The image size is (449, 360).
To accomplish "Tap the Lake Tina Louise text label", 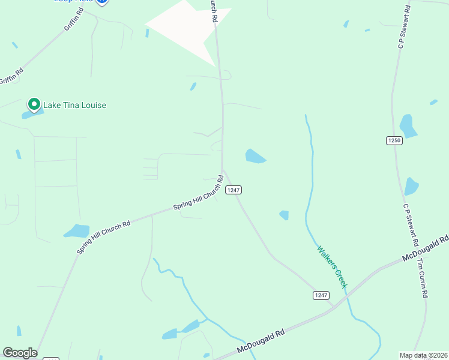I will [x=74, y=106].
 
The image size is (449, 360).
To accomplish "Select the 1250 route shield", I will [x=394, y=140].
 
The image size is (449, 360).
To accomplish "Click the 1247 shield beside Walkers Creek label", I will [x=321, y=295].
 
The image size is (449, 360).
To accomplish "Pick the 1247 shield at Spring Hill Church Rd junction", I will [x=234, y=190].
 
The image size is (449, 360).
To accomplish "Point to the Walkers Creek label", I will [x=332, y=266].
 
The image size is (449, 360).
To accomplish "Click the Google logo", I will [x=20, y=353].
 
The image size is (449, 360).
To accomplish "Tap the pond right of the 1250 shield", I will [x=408, y=126].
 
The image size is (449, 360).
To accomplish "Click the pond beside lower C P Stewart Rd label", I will [x=411, y=186].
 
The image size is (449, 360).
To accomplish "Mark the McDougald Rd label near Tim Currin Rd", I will [x=427, y=247].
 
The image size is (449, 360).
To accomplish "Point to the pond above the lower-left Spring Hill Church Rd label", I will [x=77, y=230].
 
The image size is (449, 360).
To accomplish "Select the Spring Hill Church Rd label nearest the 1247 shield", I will [x=199, y=193].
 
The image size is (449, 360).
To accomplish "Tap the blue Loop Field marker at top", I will [x=102, y=2].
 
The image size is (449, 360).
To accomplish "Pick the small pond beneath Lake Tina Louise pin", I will [x=30, y=114].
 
